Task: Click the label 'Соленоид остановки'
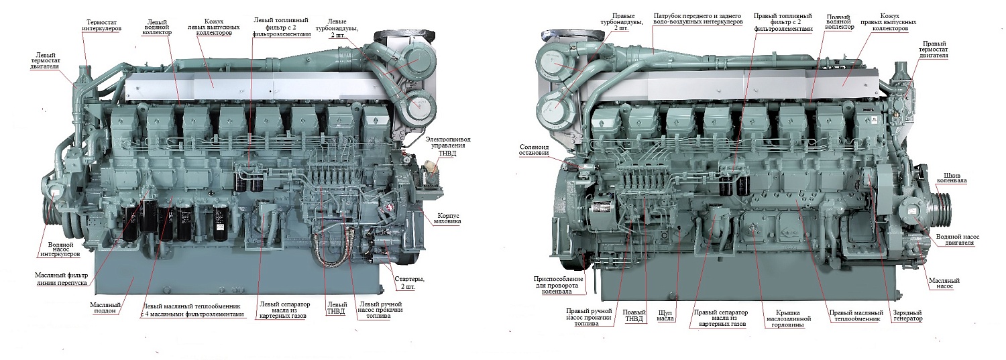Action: pyautogui.click(x=535, y=149)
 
